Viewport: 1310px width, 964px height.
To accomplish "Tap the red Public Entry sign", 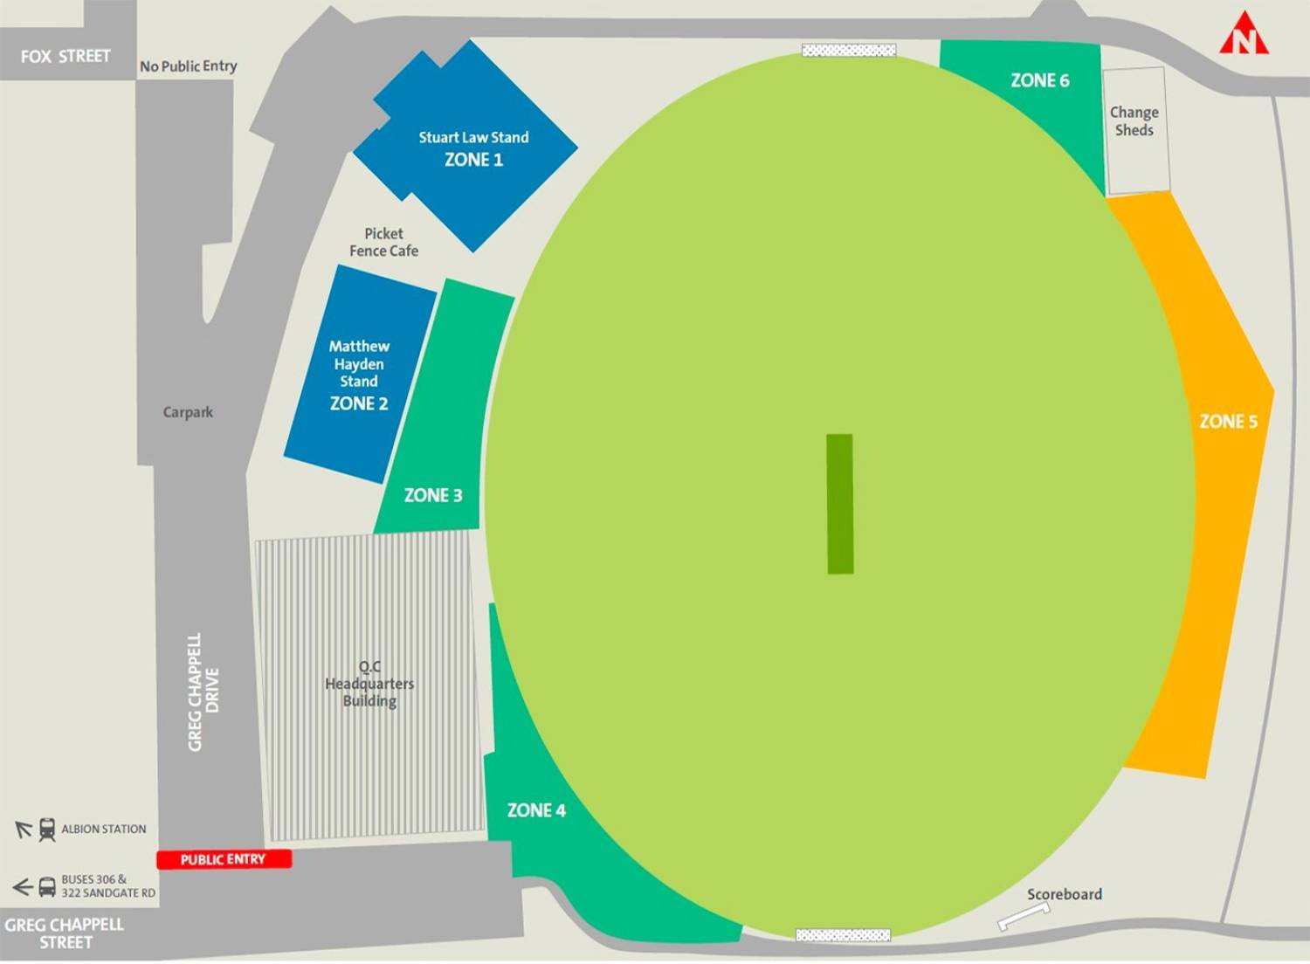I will point(224,859).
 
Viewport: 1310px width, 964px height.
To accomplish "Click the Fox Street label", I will point(65,57).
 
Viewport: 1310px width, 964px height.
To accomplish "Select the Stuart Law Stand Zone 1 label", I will point(473,148).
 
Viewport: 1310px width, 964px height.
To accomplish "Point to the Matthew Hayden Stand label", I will point(359,363).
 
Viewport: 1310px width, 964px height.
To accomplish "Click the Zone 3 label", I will point(433,495).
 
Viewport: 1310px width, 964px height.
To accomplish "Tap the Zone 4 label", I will point(536,810).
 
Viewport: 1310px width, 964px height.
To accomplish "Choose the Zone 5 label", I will point(1228,422).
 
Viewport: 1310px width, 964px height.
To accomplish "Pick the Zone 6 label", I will point(1039,80).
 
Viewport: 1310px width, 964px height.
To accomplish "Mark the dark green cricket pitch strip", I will point(840,504).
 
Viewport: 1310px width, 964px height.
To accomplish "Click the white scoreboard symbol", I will point(1024,916).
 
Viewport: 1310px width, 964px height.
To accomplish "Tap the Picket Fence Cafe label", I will point(383,242).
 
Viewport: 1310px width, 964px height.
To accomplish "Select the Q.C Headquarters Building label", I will point(369,684).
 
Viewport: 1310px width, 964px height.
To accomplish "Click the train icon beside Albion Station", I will point(47,830).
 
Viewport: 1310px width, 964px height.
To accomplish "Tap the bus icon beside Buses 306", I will point(47,887).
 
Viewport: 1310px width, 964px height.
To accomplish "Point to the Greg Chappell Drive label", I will point(203,692).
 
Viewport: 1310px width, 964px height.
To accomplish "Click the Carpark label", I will point(188,412).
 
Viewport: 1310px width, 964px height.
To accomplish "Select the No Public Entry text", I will point(189,66).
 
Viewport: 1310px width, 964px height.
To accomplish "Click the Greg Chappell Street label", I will point(65,933).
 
